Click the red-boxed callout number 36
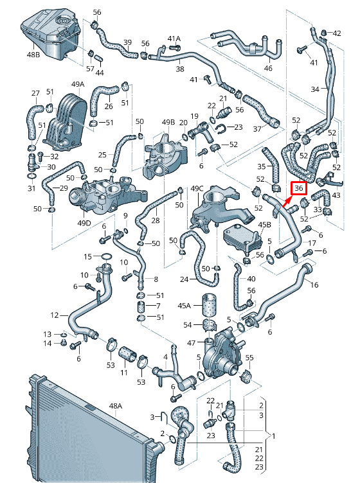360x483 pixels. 299,188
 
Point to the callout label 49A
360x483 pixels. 78,84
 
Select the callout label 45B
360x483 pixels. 264,225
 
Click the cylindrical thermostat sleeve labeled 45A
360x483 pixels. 208,305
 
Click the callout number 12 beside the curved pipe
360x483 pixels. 55,315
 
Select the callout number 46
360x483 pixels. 268,68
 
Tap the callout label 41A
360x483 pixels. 174,39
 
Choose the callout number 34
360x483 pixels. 314,89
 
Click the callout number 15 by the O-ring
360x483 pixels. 88,257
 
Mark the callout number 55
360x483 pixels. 249,357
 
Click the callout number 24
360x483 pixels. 184,280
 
